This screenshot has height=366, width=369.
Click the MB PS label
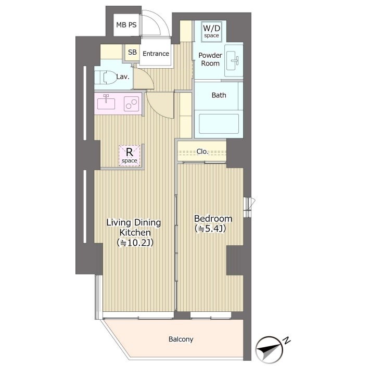click(126, 24)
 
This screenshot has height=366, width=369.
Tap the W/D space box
click(211, 31)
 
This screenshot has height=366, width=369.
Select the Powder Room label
click(210, 59)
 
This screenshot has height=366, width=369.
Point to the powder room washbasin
click(234, 60)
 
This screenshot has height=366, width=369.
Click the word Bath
click(219, 95)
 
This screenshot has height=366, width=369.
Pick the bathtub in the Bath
click(219, 124)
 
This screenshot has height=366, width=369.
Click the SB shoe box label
click(132, 52)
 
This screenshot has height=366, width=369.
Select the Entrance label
click(156, 54)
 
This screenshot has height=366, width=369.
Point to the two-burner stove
click(131, 104)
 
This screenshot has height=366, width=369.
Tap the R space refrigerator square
click(130, 156)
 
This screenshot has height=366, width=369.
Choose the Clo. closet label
click(202, 152)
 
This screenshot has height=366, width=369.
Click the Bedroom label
click(213, 219)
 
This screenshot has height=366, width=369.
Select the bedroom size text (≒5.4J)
click(210, 229)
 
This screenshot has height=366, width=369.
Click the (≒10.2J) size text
click(135, 243)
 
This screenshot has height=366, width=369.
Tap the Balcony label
click(181, 339)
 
